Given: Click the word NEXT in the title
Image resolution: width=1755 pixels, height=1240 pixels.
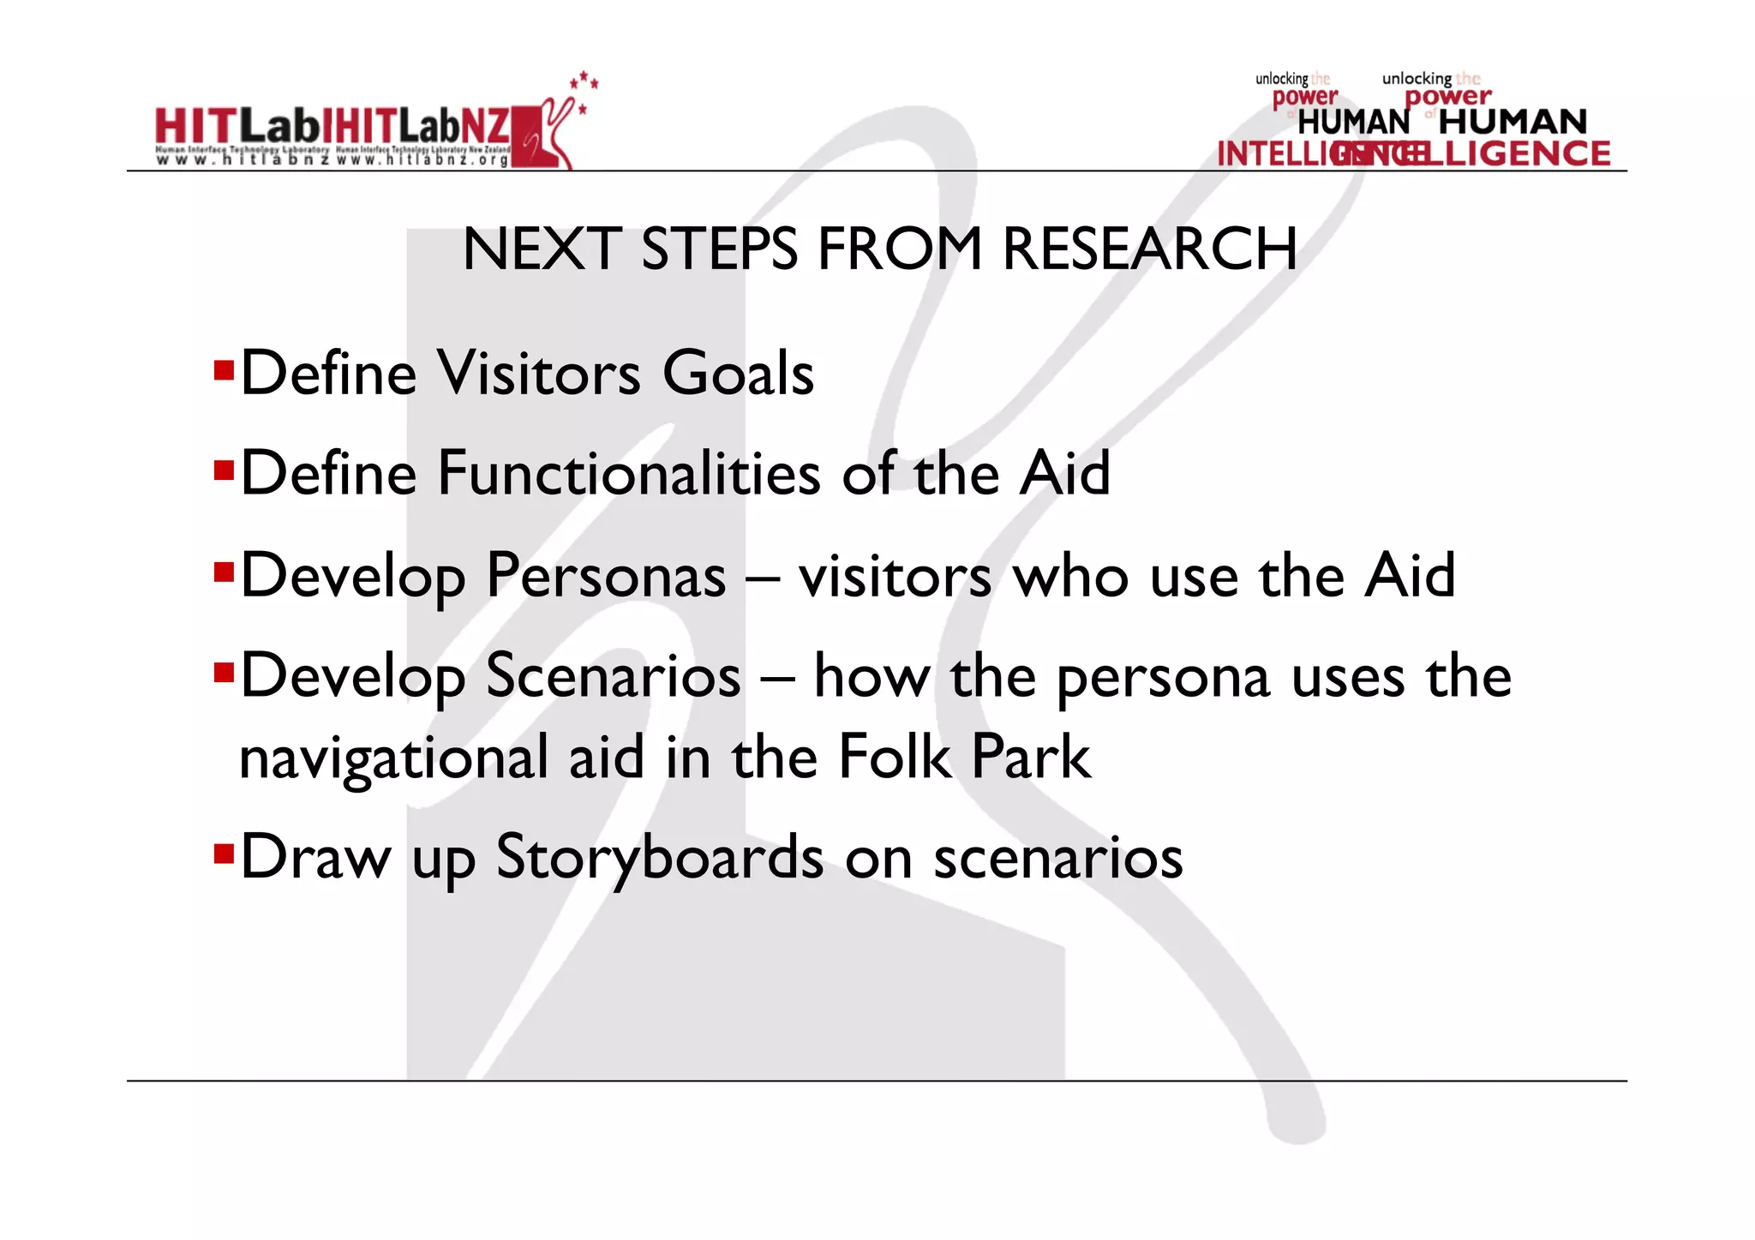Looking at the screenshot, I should [542, 249].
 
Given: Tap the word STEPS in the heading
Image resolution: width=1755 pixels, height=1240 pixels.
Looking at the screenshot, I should [719, 249].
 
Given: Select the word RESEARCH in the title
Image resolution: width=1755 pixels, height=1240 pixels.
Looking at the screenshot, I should [1149, 249].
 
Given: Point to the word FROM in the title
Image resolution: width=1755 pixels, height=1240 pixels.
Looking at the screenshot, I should [900, 249].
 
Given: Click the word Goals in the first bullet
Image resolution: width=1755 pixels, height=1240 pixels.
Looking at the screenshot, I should [738, 374].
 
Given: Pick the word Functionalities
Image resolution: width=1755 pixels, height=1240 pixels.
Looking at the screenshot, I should [629, 473].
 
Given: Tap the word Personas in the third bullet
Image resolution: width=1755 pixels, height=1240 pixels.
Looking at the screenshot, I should [606, 575].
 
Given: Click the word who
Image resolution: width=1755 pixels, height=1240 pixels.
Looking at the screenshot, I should [1071, 576].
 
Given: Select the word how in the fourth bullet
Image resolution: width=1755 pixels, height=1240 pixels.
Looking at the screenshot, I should [872, 676].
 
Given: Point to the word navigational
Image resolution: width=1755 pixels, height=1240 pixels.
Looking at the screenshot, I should [393, 758].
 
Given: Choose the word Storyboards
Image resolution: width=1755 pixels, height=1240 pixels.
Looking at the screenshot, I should [660, 857].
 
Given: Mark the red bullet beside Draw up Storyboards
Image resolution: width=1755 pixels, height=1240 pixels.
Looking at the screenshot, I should [224, 853].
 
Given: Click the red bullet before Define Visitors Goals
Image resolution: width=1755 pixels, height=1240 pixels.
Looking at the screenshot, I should [224, 369].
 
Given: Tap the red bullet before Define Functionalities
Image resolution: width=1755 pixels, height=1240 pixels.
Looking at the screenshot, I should [224, 470].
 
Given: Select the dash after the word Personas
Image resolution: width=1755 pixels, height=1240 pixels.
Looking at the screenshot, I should [762, 577].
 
